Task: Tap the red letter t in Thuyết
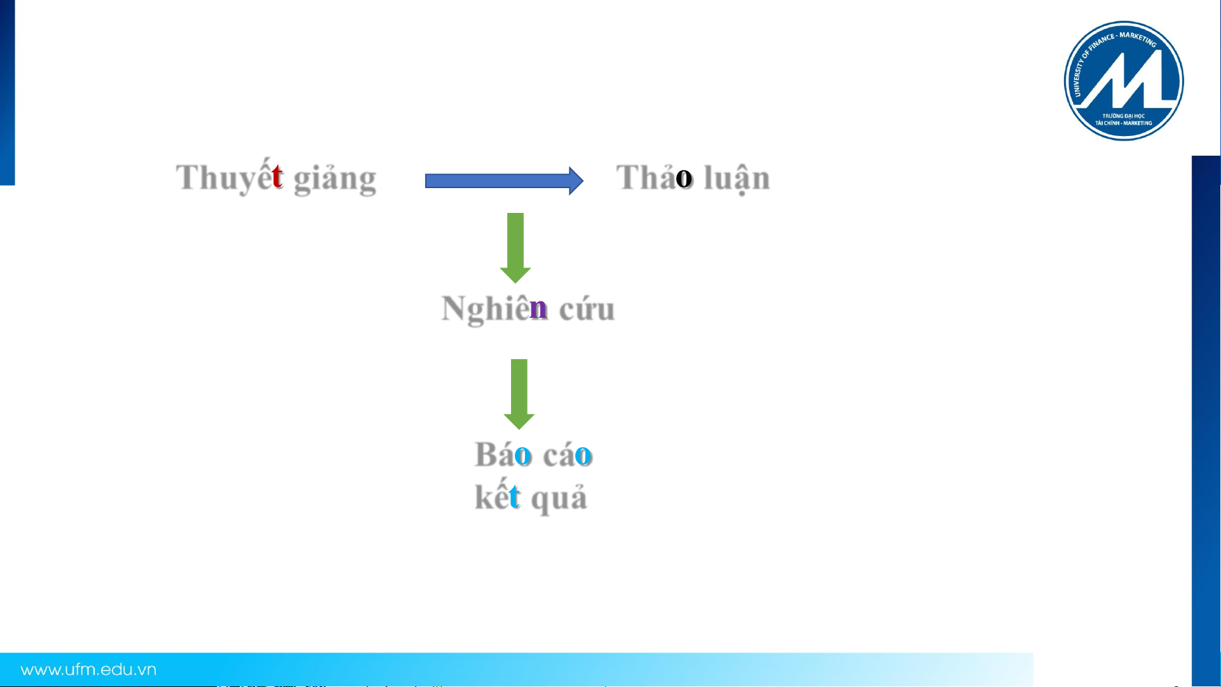tap(276, 176)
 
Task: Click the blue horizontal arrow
tap(504, 181)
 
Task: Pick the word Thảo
tap(654, 177)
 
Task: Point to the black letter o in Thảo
tap(684, 179)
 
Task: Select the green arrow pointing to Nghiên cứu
tap(515, 248)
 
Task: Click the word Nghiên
tap(495, 308)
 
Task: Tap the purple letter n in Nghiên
tap(538, 309)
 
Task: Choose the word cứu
tap(587, 309)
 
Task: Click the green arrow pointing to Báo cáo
tap(519, 394)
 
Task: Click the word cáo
tap(568, 454)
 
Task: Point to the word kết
tap(498, 496)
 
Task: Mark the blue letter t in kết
tap(515, 497)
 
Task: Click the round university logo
tap(1124, 81)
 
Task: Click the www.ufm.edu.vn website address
tap(88, 670)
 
